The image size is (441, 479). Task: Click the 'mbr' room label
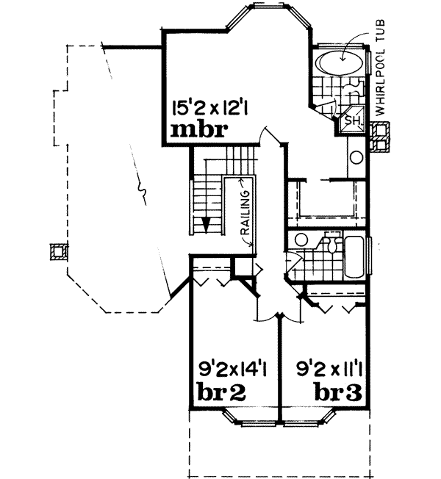coord(196,132)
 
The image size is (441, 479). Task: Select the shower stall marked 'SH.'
coord(351,119)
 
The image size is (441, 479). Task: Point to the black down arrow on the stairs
coord(207,223)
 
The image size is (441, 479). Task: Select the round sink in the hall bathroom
coord(300,240)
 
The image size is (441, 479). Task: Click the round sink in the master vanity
coord(356,156)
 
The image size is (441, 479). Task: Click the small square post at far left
coord(56,252)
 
